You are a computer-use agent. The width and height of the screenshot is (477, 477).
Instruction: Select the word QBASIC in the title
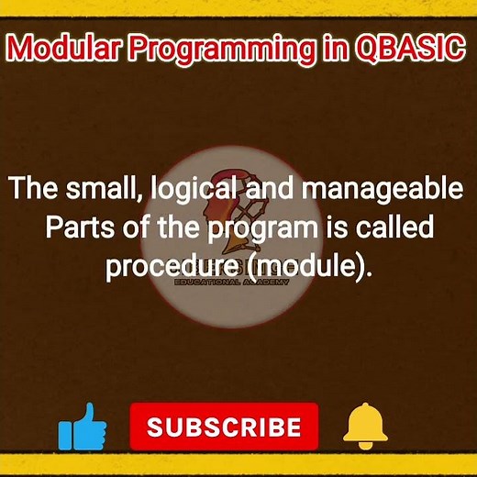pyautogui.click(x=405, y=48)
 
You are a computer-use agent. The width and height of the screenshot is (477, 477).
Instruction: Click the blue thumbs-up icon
pyautogui.click(x=83, y=427)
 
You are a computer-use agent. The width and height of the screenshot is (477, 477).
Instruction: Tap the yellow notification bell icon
pyautogui.click(x=365, y=426)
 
